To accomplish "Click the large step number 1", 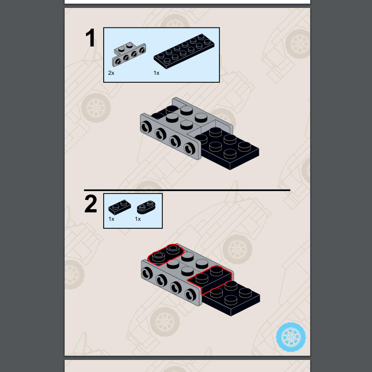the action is tap(90, 38).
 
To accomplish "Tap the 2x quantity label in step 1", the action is tap(111, 73).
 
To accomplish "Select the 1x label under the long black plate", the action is tap(156, 73).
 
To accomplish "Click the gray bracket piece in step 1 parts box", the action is tap(129, 54).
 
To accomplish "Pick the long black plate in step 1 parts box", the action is tap(184, 51).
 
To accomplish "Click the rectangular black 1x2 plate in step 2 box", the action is tap(120, 207).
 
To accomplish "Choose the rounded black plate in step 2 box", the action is tap(146, 207).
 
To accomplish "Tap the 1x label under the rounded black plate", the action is tap(138, 219).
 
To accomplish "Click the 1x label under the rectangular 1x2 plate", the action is tap(111, 219).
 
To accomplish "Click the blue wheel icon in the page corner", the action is tap(291, 337).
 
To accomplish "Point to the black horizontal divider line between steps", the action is tap(187, 190).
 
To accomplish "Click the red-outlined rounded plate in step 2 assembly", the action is tap(166, 254).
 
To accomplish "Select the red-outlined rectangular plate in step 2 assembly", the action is tap(210, 279).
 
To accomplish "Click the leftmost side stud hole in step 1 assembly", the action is tap(146, 127).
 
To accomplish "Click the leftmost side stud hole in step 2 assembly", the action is tap(147, 273).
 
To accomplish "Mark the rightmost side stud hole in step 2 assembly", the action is tap(190, 295).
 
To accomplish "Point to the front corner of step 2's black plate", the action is tap(231, 316).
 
